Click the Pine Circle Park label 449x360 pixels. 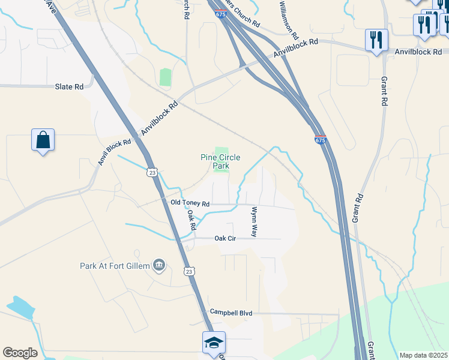[x=220, y=161]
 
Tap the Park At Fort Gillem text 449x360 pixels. [x=116, y=266]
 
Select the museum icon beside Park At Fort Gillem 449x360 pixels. [x=158, y=265]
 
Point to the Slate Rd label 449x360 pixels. [x=69, y=87]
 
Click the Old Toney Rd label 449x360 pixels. [x=190, y=203]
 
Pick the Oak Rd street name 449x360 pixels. [x=191, y=220]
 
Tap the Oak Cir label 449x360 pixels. [x=226, y=239]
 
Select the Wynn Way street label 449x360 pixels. [x=254, y=221]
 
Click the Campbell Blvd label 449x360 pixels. [x=231, y=313]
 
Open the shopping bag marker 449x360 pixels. [x=43, y=140]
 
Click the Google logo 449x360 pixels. [x=20, y=352]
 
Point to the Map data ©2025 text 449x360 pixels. [x=423, y=355]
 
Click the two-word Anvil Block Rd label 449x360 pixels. [x=115, y=152]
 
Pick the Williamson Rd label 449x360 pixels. [x=288, y=20]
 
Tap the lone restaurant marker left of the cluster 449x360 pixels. [x=376, y=40]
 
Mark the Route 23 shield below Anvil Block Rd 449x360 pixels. [x=152, y=172]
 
